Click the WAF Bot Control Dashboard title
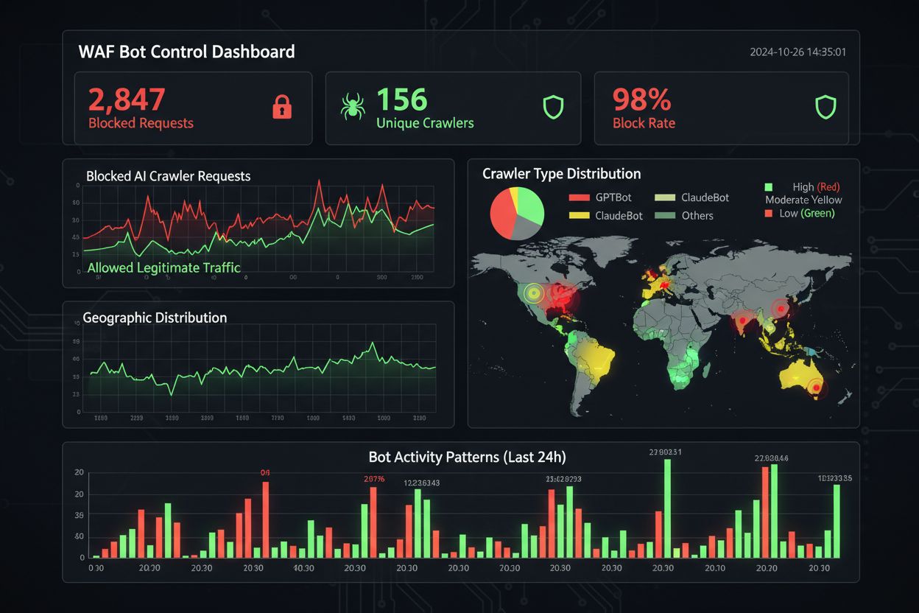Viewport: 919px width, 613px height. pyautogui.click(x=186, y=52)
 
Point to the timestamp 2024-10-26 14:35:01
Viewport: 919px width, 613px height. pyautogui.click(x=797, y=52)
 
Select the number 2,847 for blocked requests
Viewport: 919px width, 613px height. pyautogui.click(x=127, y=99)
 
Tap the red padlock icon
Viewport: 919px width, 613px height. pyautogui.click(x=282, y=108)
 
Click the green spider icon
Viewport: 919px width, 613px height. pyautogui.click(x=353, y=108)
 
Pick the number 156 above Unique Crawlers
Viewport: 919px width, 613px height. pyautogui.click(x=402, y=99)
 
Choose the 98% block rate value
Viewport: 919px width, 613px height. pyautogui.click(x=641, y=99)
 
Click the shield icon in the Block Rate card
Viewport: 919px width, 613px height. pyautogui.click(x=826, y=108)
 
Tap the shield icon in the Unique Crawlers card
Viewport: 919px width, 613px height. pyautogui.click(x=553, y=108)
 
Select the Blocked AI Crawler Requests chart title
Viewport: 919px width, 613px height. pyautogui.click(x=168, y=176)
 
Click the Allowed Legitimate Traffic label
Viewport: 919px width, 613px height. pyautogui.click(x=163, y=267)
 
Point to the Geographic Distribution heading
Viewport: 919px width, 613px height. pyautogui.click(x=155, y=318)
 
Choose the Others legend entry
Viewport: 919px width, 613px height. pyautogui.click(x=697, y=215)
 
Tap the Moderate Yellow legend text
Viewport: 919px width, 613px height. pyautogui.click(x=803, y=200)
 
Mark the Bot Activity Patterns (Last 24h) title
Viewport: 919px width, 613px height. pyautogui.click(x=467, y=457)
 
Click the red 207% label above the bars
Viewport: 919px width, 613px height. pyautogui.click(x=374, y=479)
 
